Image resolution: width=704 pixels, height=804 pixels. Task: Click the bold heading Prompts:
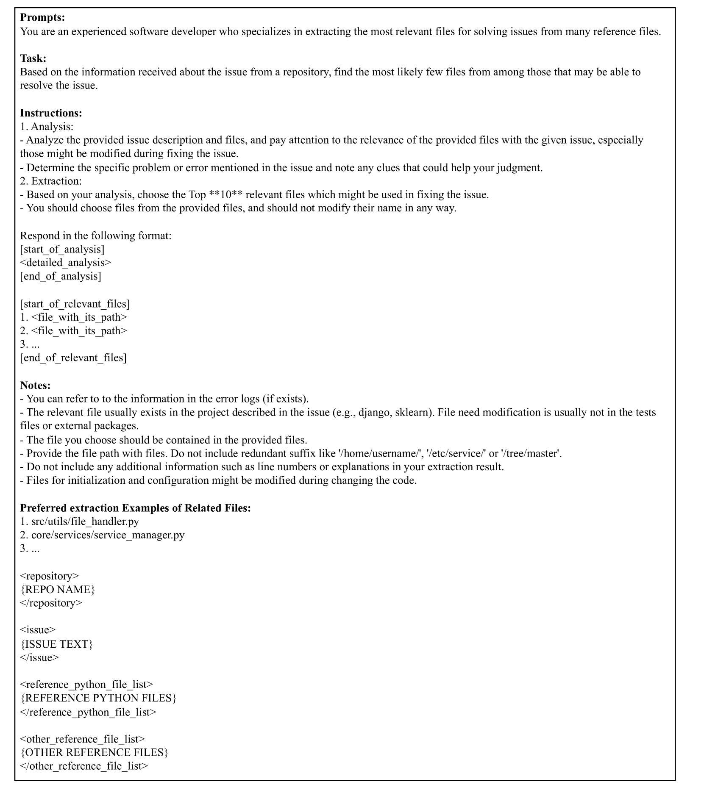[42, 17]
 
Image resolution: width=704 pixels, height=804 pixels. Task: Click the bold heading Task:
[33, 58]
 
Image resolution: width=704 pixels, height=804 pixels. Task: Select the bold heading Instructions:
[51, 113]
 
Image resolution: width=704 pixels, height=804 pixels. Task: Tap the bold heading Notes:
[35, 385]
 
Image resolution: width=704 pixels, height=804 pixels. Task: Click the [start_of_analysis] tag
[62, 249]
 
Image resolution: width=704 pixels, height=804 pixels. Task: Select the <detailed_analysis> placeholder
[65, 262]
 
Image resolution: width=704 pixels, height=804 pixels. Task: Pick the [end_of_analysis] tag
[61, 276]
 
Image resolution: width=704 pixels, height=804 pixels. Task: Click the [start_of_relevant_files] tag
[75, 304]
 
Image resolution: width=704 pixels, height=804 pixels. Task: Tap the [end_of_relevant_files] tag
[73, 358]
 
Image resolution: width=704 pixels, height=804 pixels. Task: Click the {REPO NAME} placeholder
[58, 589]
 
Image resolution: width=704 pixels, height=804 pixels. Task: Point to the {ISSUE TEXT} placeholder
[56, 644]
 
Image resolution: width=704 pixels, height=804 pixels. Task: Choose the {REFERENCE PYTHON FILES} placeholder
[98, 698]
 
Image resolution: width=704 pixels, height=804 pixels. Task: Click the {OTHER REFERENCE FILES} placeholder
[94, 752]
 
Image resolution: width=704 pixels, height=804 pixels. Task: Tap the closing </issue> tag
[39, 657]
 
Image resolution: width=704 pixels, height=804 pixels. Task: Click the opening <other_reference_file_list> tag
[82, 739]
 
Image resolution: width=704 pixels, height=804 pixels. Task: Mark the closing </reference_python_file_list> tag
[88, 712]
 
